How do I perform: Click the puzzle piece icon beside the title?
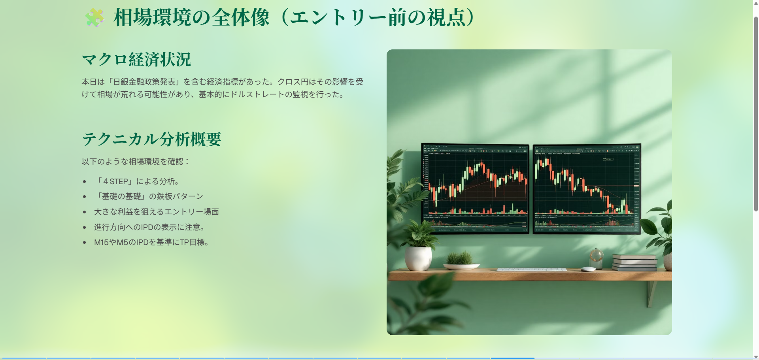point(95,18)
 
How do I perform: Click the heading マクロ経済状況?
point(136,60)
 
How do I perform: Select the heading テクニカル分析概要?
point(151,139)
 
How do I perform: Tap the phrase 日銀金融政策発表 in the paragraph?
point(144,82)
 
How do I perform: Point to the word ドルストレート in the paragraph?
point(257,94)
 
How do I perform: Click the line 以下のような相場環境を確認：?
point(136,162)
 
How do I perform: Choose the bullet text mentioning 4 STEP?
point(138,181)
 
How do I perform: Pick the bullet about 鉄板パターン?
point(149,196)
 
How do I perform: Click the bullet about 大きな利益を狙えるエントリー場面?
point(157,212)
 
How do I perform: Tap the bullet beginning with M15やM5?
point(152,242)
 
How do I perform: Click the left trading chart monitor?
point(475,188)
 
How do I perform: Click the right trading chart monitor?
point(587,189)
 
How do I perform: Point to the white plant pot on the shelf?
point(418,259)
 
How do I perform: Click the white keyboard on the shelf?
point(531,270)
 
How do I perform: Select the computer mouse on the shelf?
point(588,269)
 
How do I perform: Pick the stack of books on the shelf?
point(634,262)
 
